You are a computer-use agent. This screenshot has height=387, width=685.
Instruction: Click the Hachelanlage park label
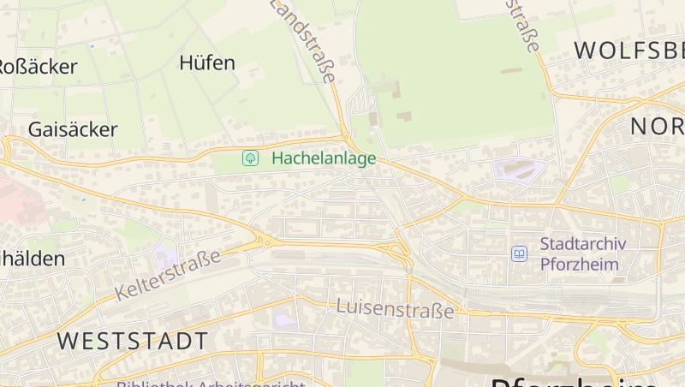click(324, 158)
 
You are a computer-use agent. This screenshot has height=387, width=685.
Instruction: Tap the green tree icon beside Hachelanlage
click(251, 158)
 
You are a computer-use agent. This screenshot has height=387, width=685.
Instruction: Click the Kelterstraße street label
click(167, 275)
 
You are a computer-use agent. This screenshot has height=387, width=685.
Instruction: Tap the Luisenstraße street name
click(395, 309)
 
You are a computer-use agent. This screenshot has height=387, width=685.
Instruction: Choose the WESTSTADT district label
click(133, 341)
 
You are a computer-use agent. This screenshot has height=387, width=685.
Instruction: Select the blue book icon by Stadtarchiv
click(519, 253)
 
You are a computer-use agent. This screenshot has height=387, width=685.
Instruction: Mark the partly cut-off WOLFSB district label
click(628, 50)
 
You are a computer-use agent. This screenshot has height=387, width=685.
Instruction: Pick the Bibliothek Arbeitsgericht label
click(211, 383)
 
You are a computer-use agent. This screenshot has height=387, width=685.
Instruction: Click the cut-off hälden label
click(32, 258)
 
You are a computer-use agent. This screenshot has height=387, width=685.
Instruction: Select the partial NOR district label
click(657, 127)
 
